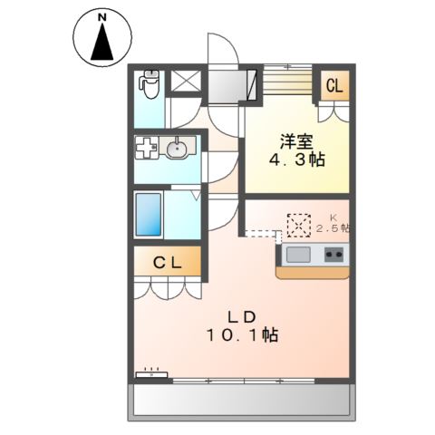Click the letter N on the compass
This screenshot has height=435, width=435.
click(101, 18)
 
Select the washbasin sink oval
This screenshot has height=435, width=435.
click(178, 148)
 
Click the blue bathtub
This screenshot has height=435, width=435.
click(149, 214)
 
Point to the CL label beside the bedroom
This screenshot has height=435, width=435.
click(333, 87)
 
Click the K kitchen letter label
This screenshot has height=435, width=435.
click(333, 217)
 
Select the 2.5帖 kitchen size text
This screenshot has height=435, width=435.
click(333, 228)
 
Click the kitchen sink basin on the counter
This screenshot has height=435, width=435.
click(298, 255)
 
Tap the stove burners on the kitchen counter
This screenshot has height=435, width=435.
click(332, 255)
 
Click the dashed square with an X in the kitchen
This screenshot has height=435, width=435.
click(299, 223)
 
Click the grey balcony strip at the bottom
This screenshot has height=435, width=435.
click(240, 400)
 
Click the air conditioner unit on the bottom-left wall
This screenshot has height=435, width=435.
click(152, 372)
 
